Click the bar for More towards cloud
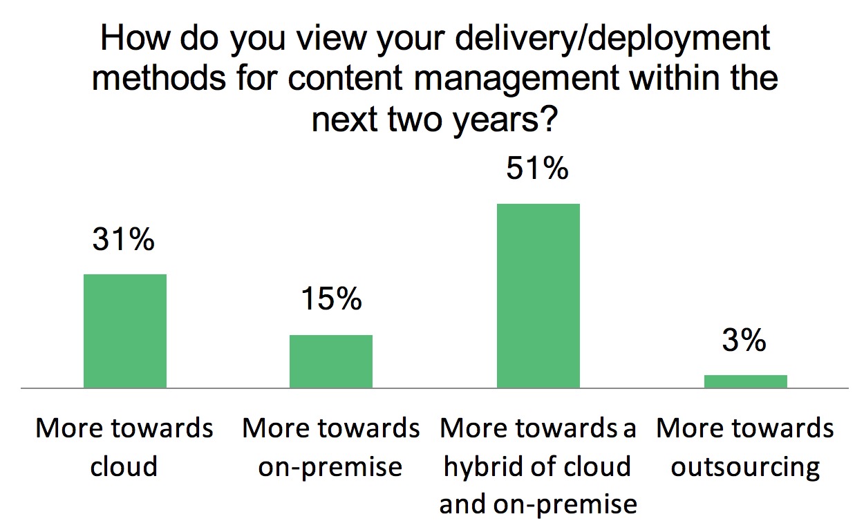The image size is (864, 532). coord(124,331)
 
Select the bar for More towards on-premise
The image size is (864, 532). coord(330,361)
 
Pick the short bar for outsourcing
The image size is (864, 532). coord(745,381)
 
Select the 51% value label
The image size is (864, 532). coord(538,169)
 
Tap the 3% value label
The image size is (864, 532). coord(744,340)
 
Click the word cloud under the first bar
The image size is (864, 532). coord(124,467)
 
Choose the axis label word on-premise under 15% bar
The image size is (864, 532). coord(330,467)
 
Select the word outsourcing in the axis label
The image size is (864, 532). coord(745,467)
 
